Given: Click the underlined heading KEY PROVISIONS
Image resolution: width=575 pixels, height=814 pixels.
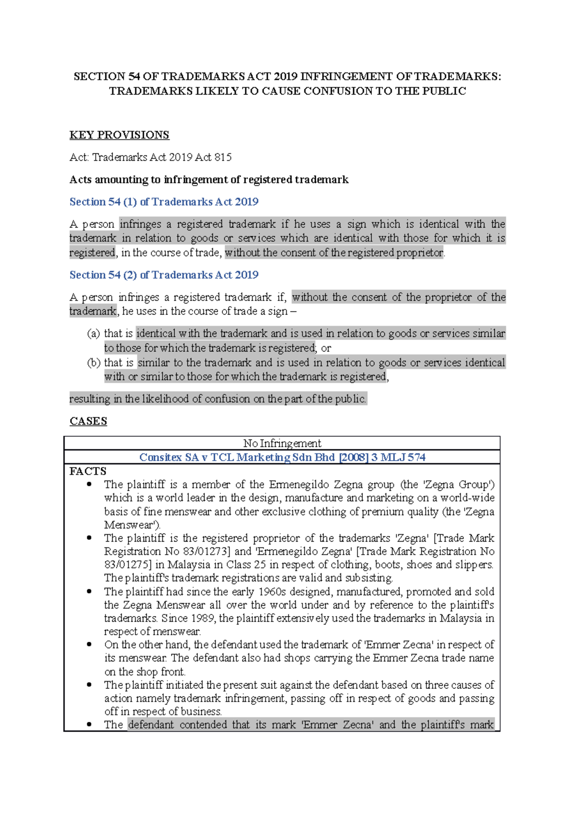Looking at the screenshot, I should tap(119, 135).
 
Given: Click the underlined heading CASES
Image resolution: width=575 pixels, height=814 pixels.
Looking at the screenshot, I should tap(88, 421).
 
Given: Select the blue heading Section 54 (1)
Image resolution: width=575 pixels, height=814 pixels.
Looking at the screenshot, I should tap(164, 202).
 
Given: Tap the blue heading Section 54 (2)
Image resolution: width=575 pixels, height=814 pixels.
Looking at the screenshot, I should tap(164, 275).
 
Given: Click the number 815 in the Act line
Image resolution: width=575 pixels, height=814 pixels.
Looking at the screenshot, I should tap(223, 157).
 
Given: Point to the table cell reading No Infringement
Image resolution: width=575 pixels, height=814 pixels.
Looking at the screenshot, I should tap(282, 443).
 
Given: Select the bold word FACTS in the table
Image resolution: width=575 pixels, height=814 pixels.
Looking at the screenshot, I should tap(88, 471).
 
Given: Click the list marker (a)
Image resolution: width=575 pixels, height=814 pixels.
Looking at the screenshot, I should tap(93, 334).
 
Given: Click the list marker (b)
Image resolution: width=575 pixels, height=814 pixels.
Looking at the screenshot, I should tap(93, 363).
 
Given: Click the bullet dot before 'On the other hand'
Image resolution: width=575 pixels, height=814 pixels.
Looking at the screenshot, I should tap(89, 645).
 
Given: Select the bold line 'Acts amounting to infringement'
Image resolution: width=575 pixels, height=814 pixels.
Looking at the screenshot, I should tap(209, 180).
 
